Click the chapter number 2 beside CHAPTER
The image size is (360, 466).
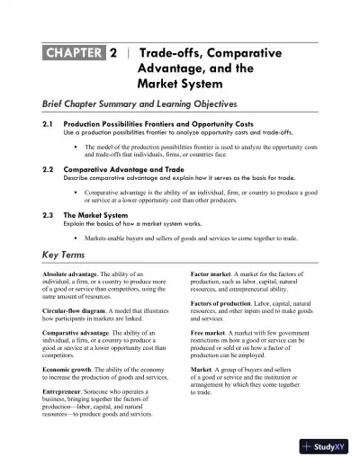[x=113, y=54]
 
